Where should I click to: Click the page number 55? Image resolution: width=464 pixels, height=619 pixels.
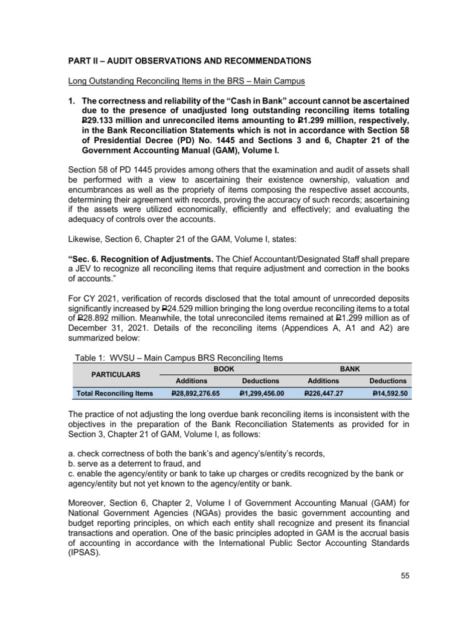coord(405,575)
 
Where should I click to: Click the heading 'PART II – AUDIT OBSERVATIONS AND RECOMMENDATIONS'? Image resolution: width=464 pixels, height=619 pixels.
coord(189,61)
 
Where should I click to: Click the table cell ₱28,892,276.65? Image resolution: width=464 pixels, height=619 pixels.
coord(196,393)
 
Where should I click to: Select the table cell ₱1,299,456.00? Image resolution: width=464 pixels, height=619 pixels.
coord(259,393)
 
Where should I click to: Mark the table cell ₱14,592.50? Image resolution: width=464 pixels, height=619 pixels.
coord(390,393)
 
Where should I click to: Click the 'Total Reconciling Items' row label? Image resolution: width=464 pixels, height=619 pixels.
coord(115,393)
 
